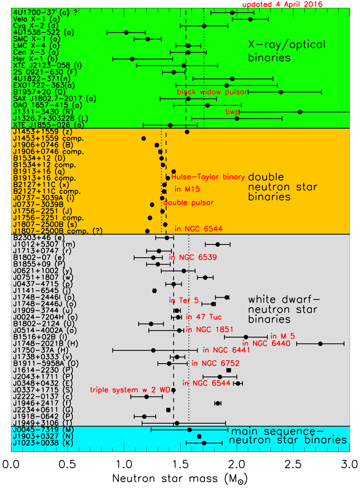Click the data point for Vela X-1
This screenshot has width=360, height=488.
point(250,19)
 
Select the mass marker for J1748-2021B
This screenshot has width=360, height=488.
point(320,344)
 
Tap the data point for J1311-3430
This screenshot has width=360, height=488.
point(300,112)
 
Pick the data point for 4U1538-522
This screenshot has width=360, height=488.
point(126,33)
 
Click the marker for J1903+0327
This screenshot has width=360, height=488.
point(199,436)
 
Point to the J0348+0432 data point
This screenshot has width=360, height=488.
point(238,383)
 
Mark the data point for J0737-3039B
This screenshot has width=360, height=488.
point(152,205)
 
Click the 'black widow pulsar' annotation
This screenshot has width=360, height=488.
point(212,92)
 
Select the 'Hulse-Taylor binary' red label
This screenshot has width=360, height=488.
point(208,177)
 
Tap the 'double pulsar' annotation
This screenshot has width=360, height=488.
point(188,203)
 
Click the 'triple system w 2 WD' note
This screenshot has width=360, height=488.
point(130,390)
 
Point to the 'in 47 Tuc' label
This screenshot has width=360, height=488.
point(204,317)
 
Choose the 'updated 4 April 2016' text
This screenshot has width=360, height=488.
point(282,4)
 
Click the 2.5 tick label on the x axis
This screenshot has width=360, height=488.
point(293,465)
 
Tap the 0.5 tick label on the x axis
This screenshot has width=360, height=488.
point(67,465)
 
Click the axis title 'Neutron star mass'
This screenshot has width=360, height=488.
point(165,479)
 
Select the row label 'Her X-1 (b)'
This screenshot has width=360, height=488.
point(35,59)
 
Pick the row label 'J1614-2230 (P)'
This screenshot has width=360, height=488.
point(43,370)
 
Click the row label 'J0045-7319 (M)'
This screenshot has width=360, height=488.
point(43,430)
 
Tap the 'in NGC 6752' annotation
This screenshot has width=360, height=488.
point(215,363)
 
